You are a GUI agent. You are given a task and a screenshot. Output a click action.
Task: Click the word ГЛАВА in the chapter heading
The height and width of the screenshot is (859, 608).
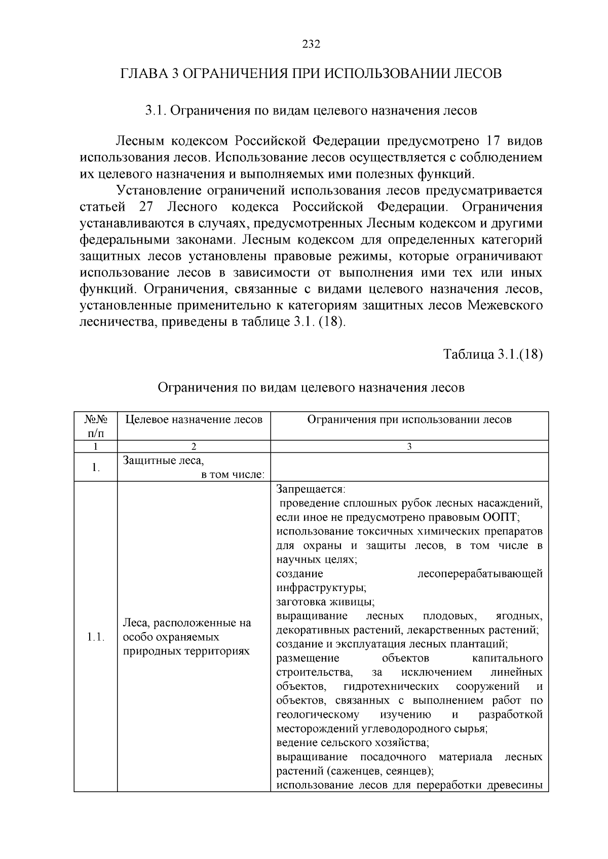click(143, 73)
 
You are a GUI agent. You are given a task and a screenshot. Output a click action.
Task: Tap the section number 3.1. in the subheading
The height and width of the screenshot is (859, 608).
click(156, 111)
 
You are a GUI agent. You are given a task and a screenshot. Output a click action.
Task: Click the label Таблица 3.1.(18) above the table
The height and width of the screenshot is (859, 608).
click(493, 354)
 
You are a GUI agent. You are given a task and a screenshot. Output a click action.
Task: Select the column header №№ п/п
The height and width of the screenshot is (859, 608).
click(95, 426)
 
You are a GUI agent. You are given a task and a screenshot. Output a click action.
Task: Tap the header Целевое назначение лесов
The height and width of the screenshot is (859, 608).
click(194, 419)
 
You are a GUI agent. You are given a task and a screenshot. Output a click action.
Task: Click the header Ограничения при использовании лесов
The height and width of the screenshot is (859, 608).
click(409, 419)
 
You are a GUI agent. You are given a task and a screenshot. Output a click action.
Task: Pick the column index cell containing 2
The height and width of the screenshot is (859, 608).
click(194, 447)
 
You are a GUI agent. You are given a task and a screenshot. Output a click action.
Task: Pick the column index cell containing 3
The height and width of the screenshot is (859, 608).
click(409, 447)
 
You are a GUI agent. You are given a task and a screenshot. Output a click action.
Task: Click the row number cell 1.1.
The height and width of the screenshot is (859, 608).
click(95, 637)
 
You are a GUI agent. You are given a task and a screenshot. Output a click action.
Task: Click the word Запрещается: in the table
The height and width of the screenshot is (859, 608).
click(311, 489)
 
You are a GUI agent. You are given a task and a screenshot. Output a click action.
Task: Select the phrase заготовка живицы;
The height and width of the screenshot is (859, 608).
click(325, 602)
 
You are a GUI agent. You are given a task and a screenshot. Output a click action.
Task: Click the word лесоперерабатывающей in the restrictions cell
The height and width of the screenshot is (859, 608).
click(479, 573)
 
